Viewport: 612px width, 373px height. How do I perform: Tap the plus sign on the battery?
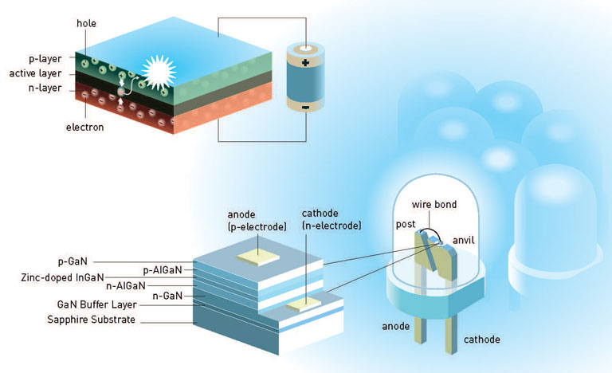305,62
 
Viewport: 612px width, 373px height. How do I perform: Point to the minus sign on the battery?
305,108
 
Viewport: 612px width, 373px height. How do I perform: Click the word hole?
86,23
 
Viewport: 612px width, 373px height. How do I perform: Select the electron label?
84,128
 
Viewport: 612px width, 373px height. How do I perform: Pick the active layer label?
36,73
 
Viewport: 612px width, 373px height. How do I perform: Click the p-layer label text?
45,59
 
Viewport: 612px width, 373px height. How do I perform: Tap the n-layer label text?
45,88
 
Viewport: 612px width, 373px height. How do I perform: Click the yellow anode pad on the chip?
258,257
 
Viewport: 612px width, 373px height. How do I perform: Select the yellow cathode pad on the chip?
304,304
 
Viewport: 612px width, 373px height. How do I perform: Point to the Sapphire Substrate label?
92,320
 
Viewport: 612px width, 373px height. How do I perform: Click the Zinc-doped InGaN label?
62,277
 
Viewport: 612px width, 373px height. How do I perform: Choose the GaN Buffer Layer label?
96,304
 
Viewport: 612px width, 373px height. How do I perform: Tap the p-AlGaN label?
163,270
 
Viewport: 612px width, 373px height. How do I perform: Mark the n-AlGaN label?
126,286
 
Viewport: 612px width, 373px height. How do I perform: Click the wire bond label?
434,205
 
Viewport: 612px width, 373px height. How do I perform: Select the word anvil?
463,240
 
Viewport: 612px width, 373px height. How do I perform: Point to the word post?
406,225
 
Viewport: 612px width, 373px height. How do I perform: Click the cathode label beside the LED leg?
481,340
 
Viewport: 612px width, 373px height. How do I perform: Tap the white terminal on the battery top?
306,49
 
